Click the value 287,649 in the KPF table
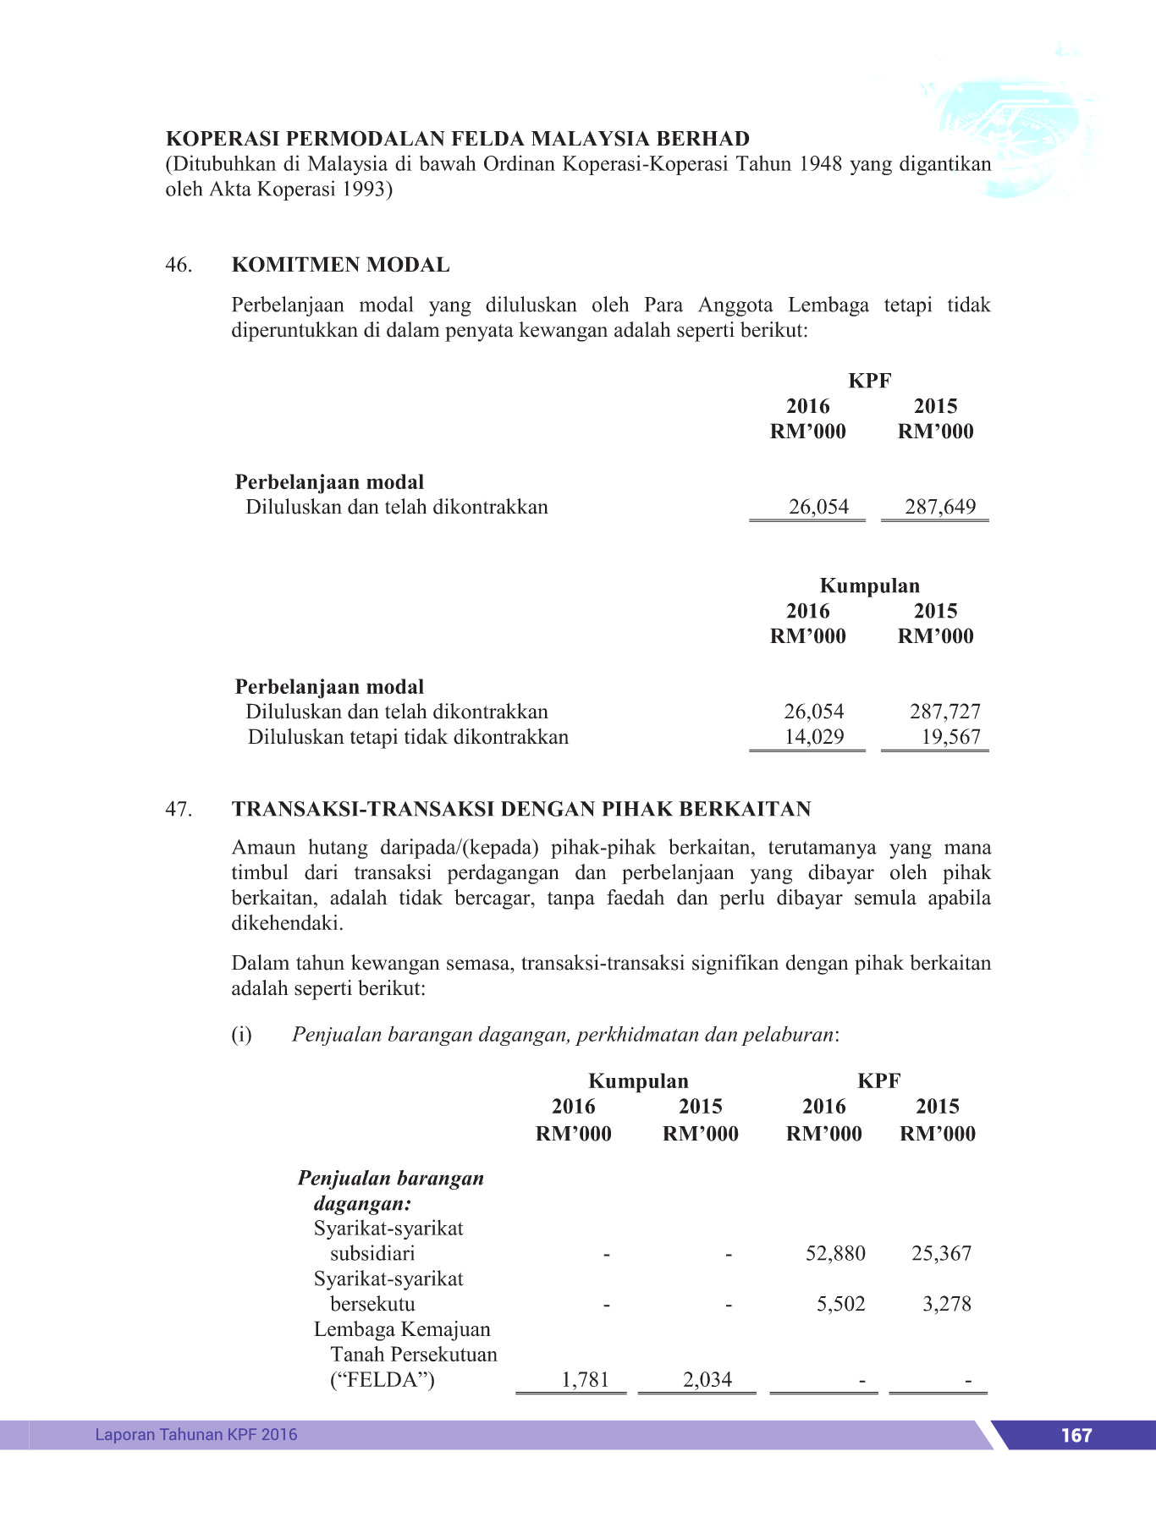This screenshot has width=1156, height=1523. (x=939, y=507)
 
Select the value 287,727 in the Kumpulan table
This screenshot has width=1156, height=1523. (x=944, y=712)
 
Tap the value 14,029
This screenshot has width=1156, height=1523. (x=813, y=736)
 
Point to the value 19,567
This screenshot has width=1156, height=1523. (x=950, y=736)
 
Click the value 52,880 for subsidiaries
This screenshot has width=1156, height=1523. (x=834, y=1253)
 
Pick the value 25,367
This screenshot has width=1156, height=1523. (x=941, y=1253)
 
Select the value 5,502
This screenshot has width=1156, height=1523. (x=840, y=1304)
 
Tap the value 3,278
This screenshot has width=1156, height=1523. (x=946, y=1304)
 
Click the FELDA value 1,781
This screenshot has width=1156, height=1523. (x=585, y=1380)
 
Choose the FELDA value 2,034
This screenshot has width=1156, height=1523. (x=707, y=1380)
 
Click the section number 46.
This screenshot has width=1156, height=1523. (x=179, y=265)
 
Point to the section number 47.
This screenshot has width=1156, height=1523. (x=179, y=809)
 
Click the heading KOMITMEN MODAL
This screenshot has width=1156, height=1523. (x=340, y=265)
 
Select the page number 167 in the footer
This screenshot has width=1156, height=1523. (x=1076, y=1435)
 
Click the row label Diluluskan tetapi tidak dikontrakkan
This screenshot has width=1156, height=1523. (x=408, y=737)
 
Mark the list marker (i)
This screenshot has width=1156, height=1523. (x=241, y=1035)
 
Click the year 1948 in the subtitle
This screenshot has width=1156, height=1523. (x=820, y=163)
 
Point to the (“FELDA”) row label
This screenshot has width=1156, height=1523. (x=382, y=1380)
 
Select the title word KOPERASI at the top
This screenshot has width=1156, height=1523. (x=222, y=139)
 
